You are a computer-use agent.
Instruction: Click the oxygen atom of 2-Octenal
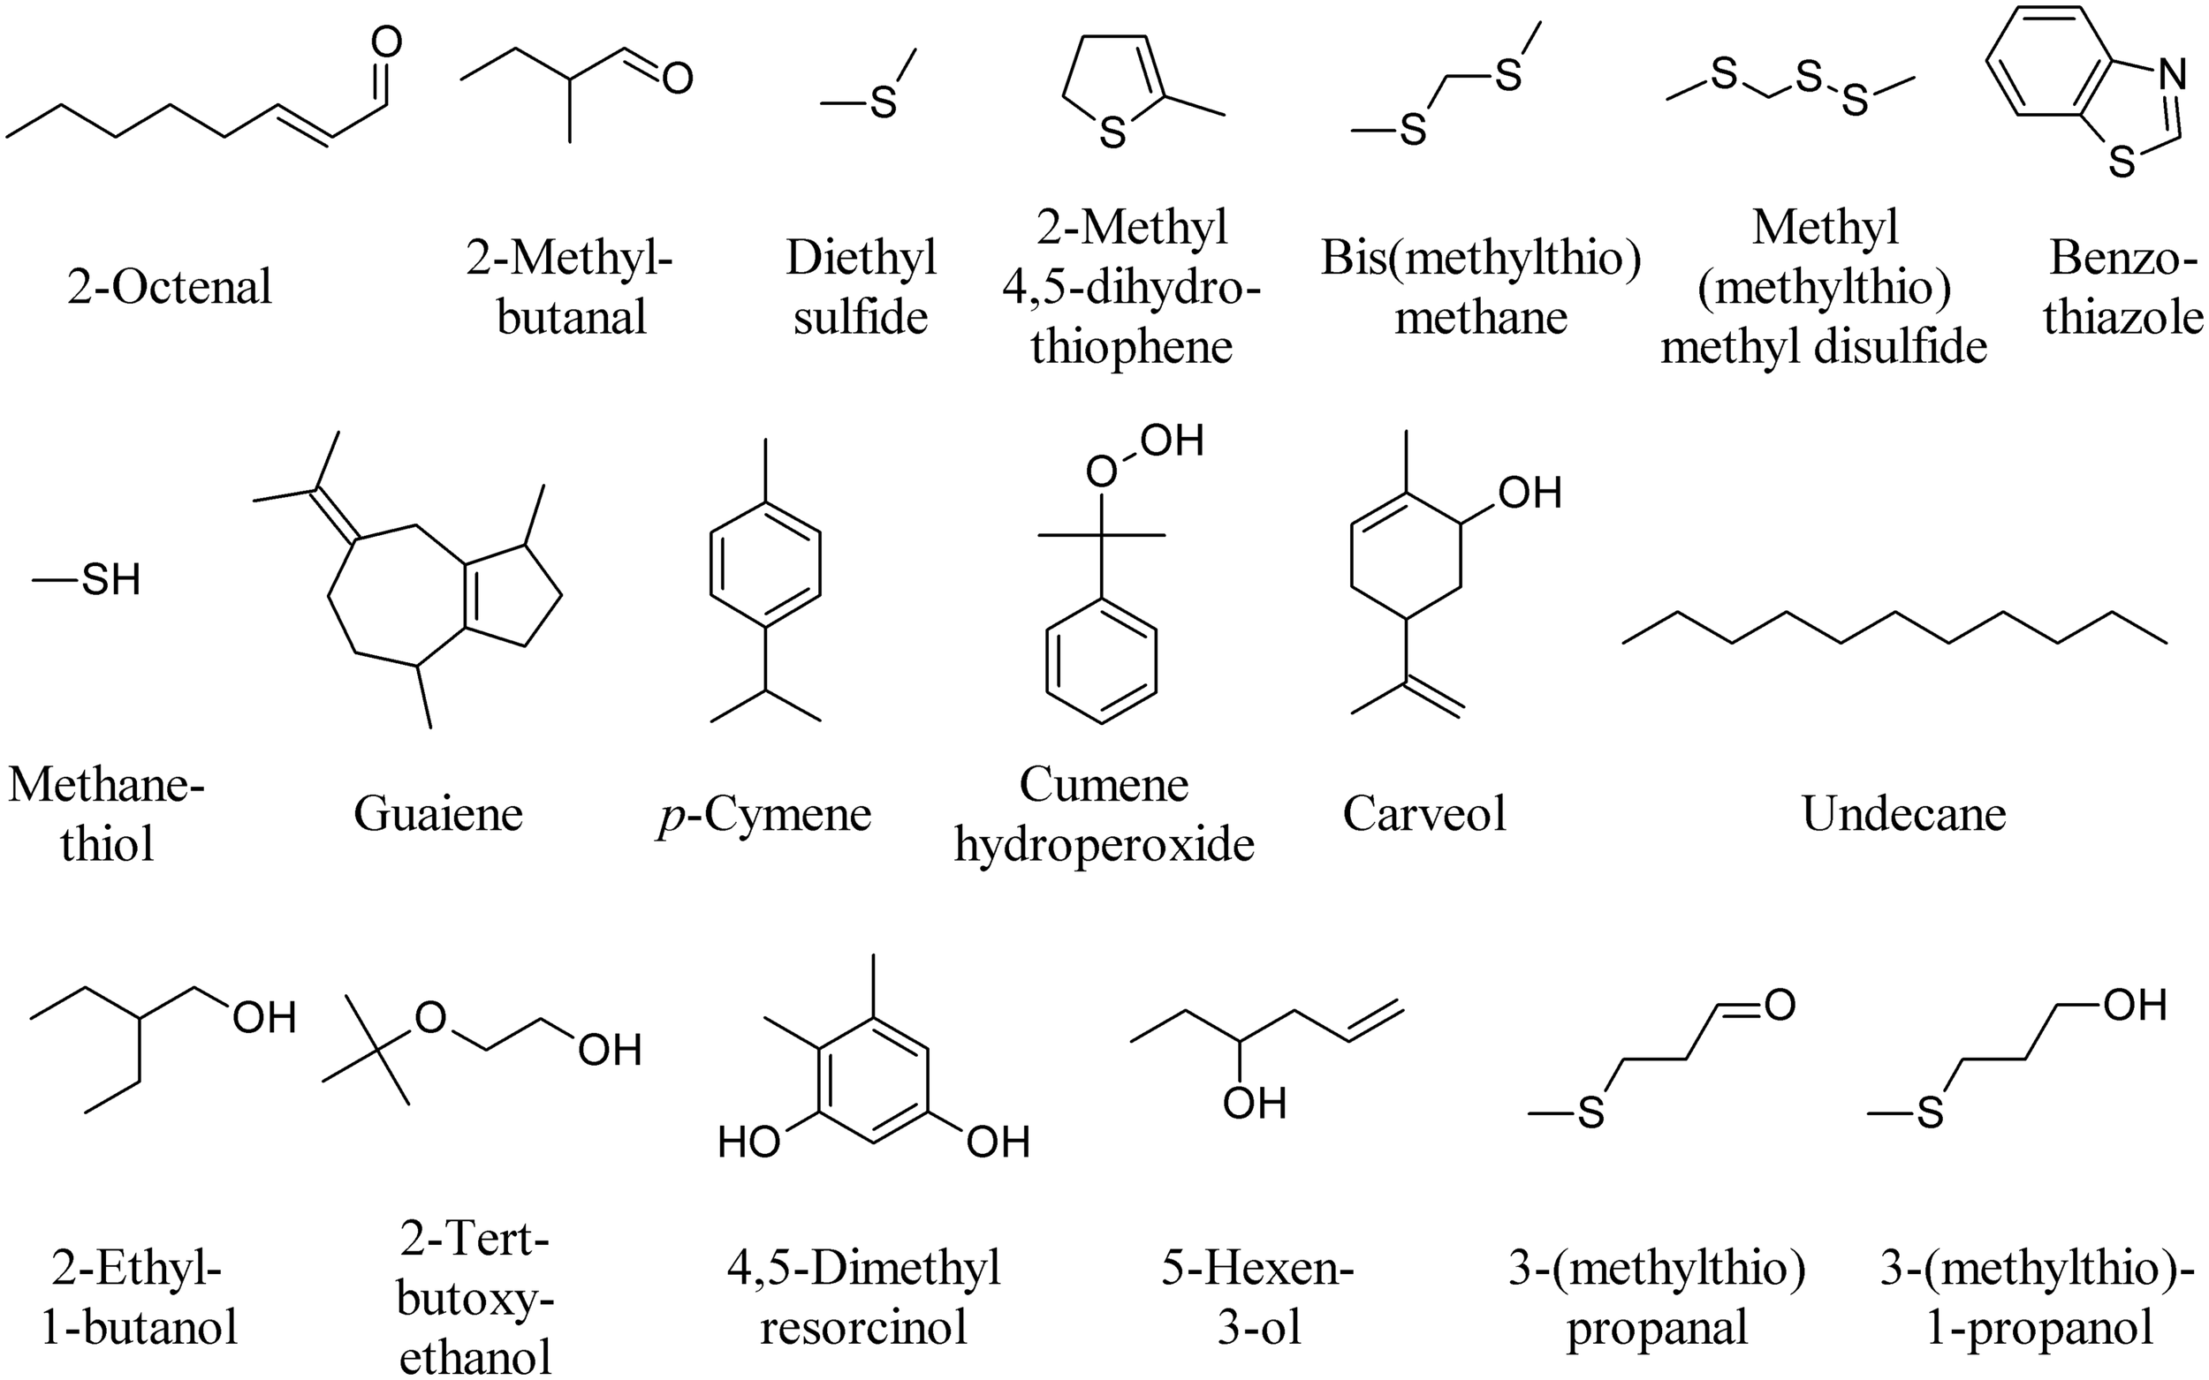[387, 42]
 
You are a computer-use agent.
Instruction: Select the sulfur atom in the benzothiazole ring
[2123, 164]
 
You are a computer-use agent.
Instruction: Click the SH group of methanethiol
[111, 580]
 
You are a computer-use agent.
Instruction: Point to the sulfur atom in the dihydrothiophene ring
[1112, 134]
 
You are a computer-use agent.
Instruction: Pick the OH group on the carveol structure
[1530, 494]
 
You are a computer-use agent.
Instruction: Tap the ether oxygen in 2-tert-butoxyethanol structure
[431, 1017]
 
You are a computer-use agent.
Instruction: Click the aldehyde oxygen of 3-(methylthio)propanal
[1780, 1005]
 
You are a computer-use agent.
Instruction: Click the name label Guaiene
[438, 813]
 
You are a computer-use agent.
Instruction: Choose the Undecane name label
[1903, 813]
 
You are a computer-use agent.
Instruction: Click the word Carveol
[1423, 813]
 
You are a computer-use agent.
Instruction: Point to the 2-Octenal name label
[170, 288]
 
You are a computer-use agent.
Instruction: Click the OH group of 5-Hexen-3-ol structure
[1255, 1105]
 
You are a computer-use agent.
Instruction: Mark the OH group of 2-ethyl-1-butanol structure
[265, 1018]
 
